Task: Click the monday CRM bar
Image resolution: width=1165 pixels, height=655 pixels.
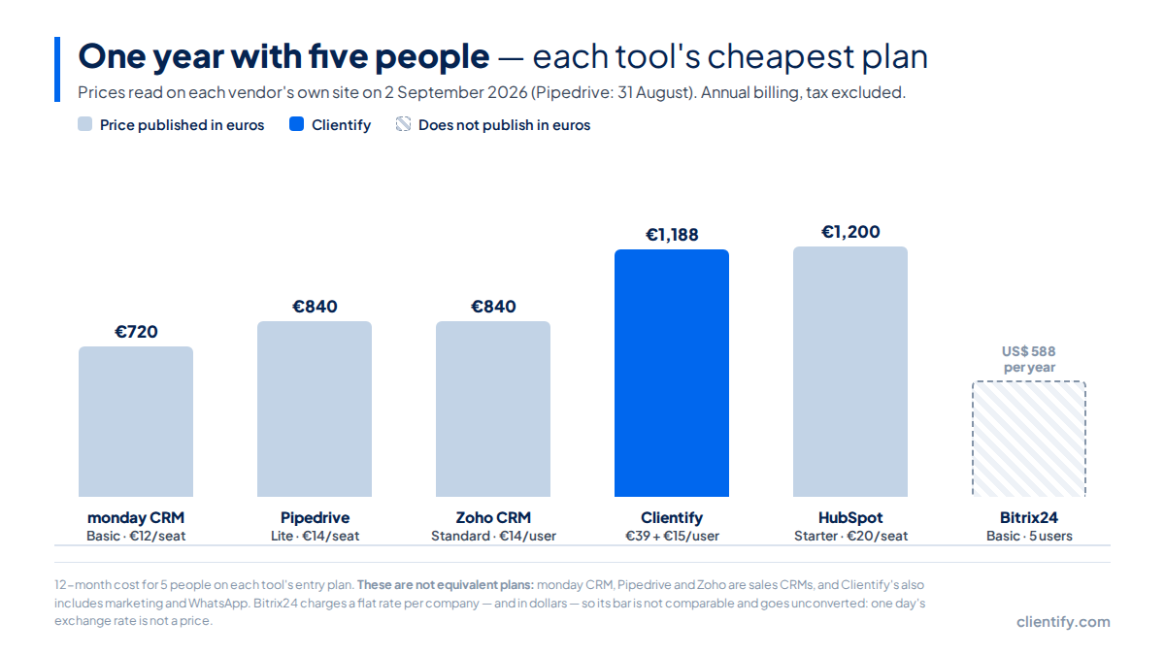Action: click(136, 421)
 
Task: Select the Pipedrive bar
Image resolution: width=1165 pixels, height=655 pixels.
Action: click(315, 409)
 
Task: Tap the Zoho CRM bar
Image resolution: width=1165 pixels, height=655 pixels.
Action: click(493, 409)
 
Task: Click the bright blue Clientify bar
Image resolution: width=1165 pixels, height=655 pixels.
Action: click(672, 374)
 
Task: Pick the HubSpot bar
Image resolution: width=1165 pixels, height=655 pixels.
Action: click(850, 372)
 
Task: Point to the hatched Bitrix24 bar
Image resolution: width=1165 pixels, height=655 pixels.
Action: click(1029, 439)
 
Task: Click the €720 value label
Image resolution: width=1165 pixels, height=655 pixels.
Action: click(136, 332)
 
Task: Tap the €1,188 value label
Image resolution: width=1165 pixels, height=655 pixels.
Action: click(672, 235)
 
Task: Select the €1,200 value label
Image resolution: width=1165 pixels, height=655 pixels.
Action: click(850, 232)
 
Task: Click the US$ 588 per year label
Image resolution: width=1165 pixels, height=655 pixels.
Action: click(1029, 359)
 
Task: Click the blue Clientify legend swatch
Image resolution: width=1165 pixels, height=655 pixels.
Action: click(296, 124)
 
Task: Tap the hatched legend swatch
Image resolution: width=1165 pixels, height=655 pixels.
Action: click(403, 124)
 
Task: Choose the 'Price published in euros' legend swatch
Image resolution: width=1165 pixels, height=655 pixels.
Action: click(84, 124)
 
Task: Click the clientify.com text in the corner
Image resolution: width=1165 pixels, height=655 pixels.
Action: click(1064, 622)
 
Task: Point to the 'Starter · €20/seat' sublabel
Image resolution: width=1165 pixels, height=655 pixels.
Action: click(850, 536)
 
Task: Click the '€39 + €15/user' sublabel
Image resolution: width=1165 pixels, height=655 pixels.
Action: click(672, 536)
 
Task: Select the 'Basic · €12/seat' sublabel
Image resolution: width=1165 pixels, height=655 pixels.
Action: click(136, 536)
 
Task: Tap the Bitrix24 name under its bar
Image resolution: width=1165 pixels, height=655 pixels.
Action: click(1029, 518)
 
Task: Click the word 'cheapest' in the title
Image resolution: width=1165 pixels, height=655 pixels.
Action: click(781, 57)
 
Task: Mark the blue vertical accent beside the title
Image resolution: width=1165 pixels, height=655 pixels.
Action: click(57, 69)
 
